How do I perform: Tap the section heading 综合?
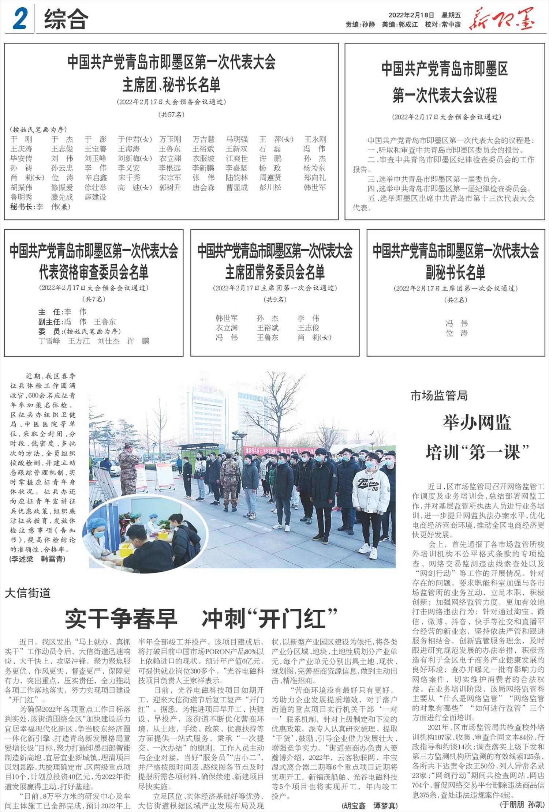[x=66, y=19]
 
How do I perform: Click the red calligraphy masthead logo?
[x=502, y=19]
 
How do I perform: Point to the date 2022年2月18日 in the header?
[x=411, y=15]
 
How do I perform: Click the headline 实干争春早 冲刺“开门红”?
[x=201, y=618]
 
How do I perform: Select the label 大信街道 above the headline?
[x=28, y=593]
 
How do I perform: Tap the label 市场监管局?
[x=439, y=395]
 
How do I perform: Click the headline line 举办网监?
[x=477, y=423]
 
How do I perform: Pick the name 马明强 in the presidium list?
[x=237, y=139]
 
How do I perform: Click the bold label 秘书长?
[x=22, y=207]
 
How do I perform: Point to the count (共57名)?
[x=171, y=114]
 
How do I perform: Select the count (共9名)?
[x=275, y=300]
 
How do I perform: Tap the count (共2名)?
[x=456, y=300]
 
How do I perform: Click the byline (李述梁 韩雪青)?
[x=38, y=559]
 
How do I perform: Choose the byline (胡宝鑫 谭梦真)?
[x=369, y=805]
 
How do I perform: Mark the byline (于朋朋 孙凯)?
[x=522, y=804]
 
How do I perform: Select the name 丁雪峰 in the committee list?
[x=49, y=341]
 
